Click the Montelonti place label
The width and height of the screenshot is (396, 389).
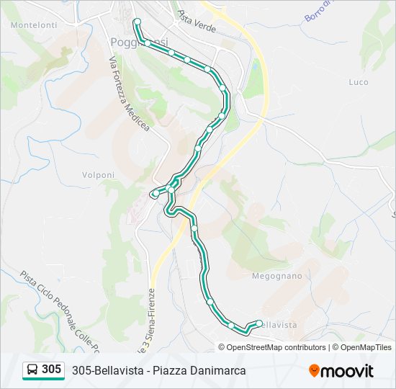[x=34, y=24]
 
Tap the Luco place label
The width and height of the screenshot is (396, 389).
[x=358, y=82]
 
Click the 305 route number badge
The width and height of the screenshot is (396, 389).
[x=51, y=370]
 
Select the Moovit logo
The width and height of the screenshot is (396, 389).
[x=341, y=370]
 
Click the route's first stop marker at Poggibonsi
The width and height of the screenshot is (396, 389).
[x=136, y=22]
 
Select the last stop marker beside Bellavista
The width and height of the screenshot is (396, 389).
[x=259, y=323]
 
